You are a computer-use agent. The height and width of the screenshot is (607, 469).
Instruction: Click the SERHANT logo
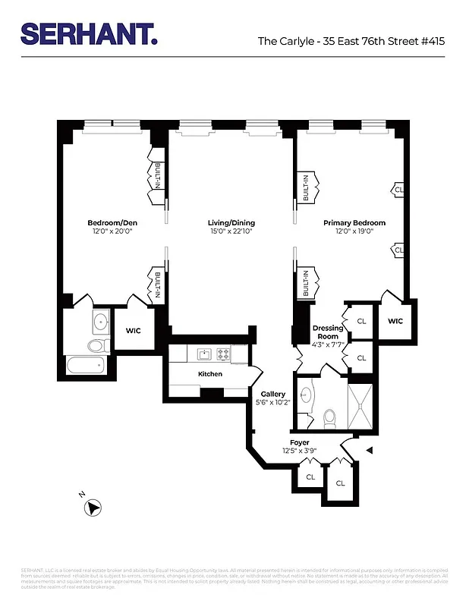[x=90, y=33]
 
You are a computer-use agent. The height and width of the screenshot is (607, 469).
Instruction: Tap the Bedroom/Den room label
[x=112, y=223]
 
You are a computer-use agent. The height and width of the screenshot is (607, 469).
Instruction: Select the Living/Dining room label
[x=231, y=223]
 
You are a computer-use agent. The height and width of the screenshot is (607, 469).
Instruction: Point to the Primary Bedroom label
[x=354, y=223]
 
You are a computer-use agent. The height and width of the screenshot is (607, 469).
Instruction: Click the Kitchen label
[x=210, y=374]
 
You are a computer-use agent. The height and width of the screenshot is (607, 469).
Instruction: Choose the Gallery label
[x=272, y=394]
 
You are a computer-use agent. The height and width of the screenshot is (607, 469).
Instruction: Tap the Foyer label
[x=300, y=442]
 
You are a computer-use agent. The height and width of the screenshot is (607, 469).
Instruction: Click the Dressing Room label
[x=328, y=332]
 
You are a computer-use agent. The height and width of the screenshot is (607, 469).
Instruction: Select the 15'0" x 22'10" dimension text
[x=231, y=232]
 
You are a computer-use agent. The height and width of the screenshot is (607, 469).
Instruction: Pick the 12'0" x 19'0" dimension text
[x=354, y=232]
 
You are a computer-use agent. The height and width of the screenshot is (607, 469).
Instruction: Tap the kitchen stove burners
[x=224, y=353]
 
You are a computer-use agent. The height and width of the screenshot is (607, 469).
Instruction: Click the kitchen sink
[x=204, y=353]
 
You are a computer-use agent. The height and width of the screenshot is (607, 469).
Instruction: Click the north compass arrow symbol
[x=93, y=508]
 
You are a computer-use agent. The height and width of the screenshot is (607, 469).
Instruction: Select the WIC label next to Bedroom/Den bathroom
[x=134, y=330]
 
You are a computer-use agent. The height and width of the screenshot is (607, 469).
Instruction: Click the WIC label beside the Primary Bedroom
[x=395, y=321]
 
